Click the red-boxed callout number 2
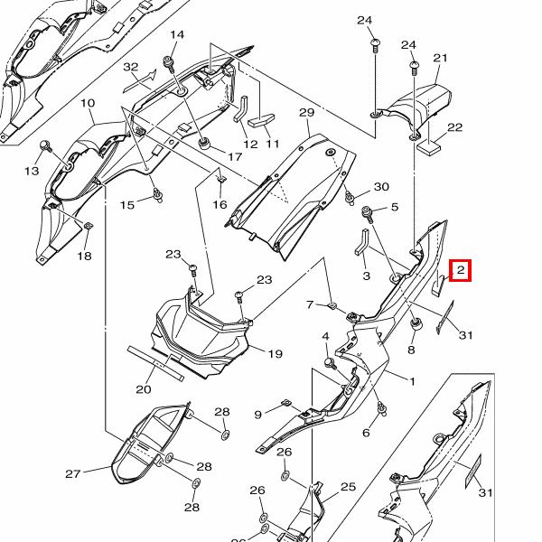coord(460,269)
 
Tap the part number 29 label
coord(305,112)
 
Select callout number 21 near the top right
coord(440,59)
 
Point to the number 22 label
coord(454,127)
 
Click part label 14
coord(176,35)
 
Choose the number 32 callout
coord(131,67)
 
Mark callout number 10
coord(88,104)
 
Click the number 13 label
coord(32,172)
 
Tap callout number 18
coord(84,257)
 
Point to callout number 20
coord(143,390)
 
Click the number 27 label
coord(73,473)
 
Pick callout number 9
coord(257,415)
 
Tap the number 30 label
coord(381,187)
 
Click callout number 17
coord(235,157)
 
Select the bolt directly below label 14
coord(169,62)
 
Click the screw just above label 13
coord(44,145)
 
